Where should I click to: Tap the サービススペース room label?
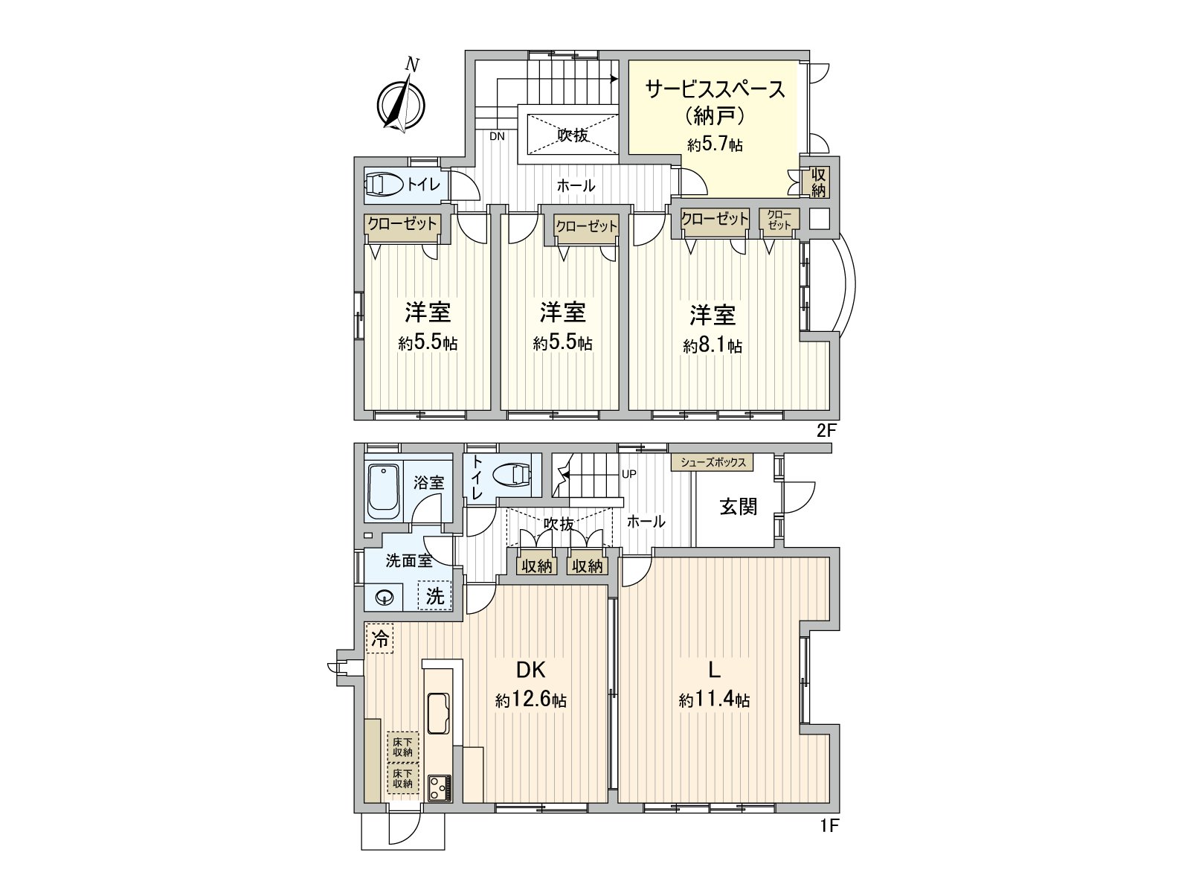point(715,89)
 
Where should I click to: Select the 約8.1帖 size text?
point(713,346)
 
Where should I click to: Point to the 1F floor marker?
point(829,825)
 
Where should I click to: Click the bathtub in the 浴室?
point(383,491)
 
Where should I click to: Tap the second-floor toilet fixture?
point(385,185)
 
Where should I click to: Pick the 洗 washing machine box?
point(434,595)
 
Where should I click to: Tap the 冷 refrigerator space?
point(379,638)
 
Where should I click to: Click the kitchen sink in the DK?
point(438,712)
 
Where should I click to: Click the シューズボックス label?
point(712,462)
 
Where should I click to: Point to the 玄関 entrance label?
point(738,507)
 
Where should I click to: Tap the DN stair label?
point(497,136)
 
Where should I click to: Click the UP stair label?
point(628,474)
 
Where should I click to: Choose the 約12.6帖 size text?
point(531,700)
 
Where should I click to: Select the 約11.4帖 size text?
point(713,700)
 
